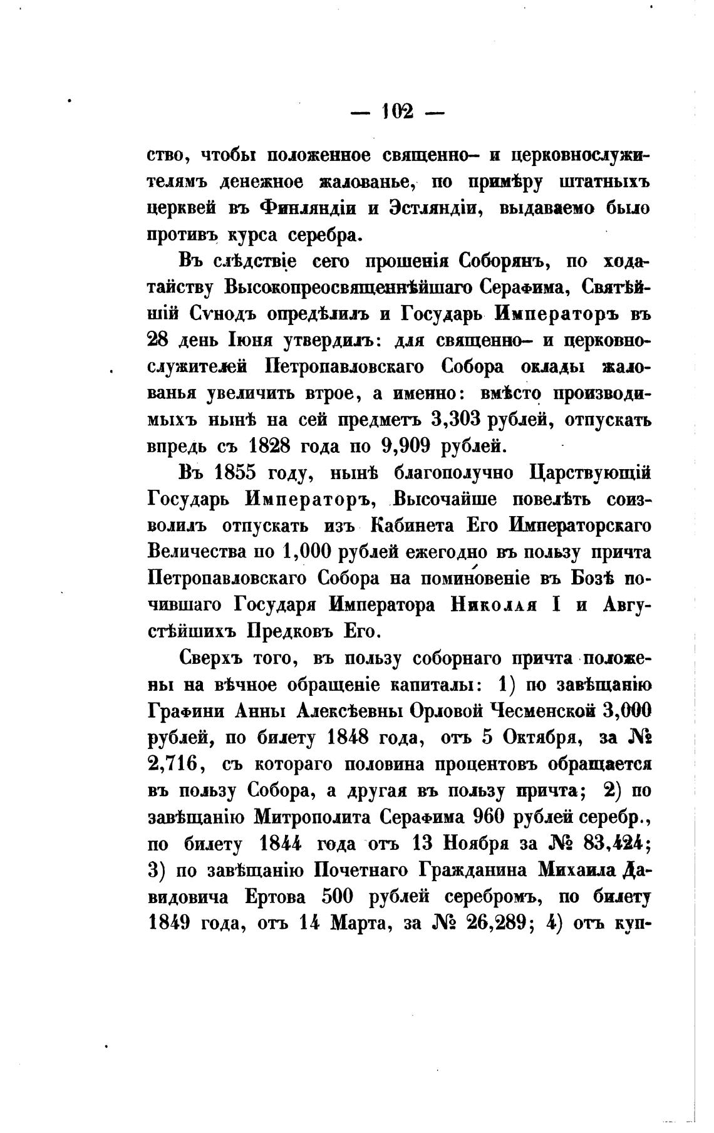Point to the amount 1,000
306,553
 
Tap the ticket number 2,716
172,765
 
